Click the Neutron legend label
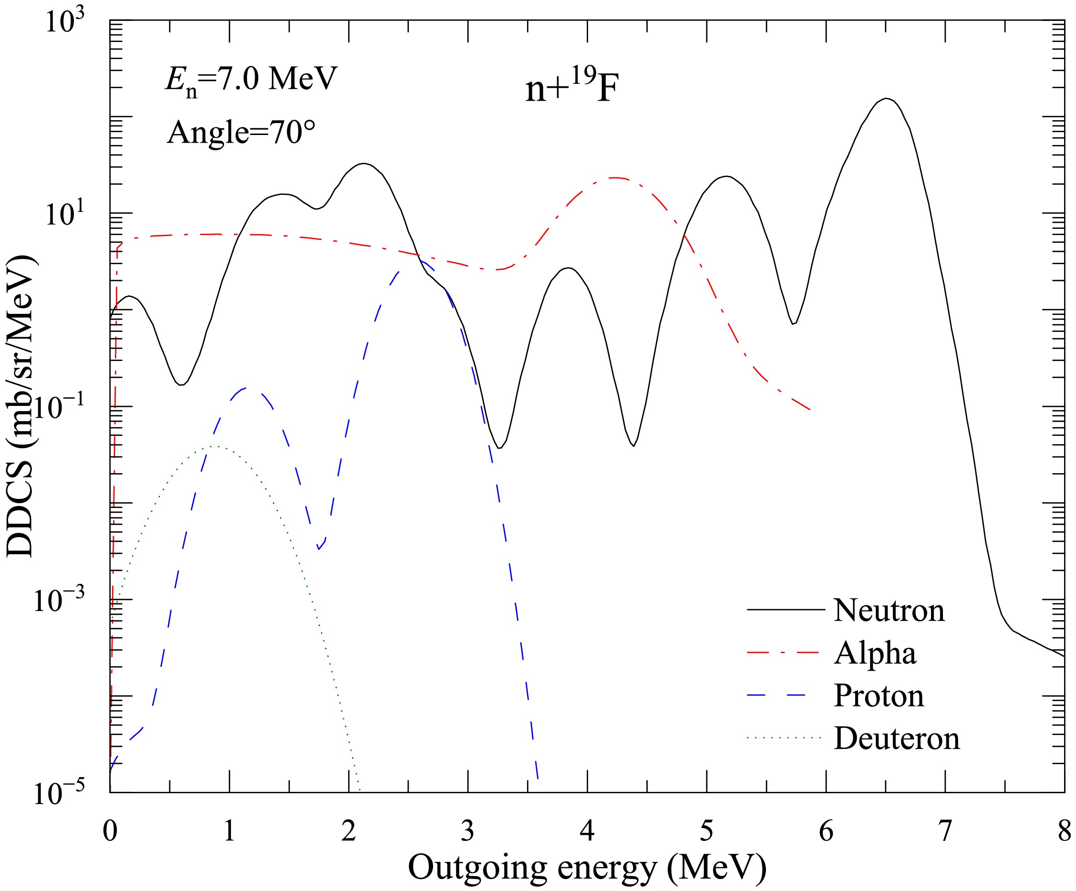click(x=889, y=610)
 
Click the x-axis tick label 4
click(x=587, y=830)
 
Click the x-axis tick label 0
click(x=110, y=830)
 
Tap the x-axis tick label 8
click(x=1064, y=830)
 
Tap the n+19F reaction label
click(x=572, y=88)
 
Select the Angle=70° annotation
click(x=241, y=132)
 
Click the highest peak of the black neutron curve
click(x=886, y=98)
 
